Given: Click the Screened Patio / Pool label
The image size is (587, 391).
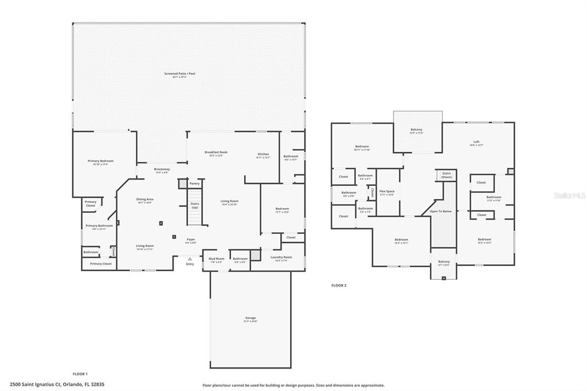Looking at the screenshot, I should coord(179,74).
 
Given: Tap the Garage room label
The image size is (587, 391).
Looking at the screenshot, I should coord(251,318).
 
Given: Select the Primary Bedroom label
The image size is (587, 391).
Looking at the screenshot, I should coord(100,161).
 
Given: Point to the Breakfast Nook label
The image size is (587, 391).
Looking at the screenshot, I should coord(216,153).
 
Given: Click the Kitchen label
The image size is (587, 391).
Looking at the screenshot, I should coord(263,154).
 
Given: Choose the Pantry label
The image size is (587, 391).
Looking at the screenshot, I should coord(195,183).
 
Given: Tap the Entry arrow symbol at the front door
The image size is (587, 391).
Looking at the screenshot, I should coord(190,259).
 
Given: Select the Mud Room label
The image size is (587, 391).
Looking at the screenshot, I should coord(216,259).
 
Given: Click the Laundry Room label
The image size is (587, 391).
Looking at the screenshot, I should coord(281,257).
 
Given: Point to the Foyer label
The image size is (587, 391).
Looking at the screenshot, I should coord(191,239).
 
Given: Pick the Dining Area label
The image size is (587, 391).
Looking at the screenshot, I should coord(144,200).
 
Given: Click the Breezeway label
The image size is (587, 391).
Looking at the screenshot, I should coord(162,170).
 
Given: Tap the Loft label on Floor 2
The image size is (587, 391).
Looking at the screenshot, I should coord(476,142).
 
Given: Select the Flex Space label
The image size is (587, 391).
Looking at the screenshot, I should coord(387,191).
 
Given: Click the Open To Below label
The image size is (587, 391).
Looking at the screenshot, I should coord(441,212).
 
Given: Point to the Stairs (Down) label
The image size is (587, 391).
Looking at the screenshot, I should coord(447,175).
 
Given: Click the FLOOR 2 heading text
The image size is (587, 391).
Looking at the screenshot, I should coord(339,285).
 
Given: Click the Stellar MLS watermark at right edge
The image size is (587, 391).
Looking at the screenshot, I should coord(570,196).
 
